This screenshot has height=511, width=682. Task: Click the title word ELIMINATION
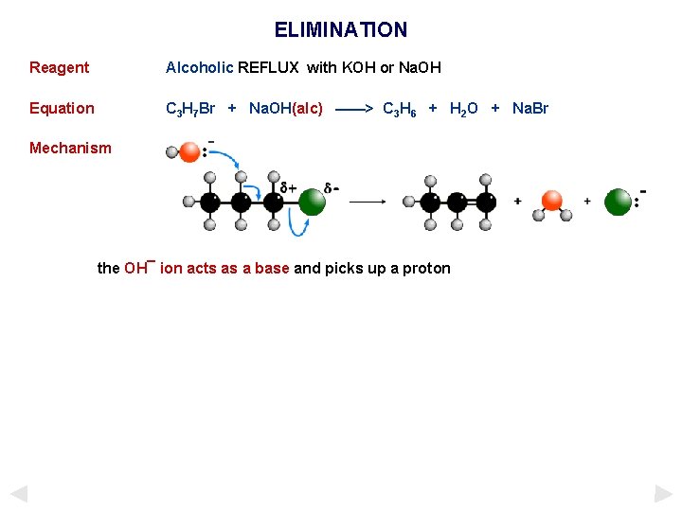pyautogui.click(x=341, y=30)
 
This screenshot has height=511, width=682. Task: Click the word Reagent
pyautogui.click(x=59, y=68)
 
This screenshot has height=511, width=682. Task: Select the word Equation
pyautogui.click(x=62, y=109)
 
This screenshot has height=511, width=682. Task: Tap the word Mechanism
pyautogui.click(x=70, y=149)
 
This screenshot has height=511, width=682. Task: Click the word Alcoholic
pyautogui.click(x=199, y=68)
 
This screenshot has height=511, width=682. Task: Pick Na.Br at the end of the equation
pyautogui.click(x=529, y=109)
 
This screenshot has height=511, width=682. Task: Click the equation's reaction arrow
pyautogui.click(x=352, y=109)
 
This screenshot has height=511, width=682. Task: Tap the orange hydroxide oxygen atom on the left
pyautogui.click(x=190, y=152)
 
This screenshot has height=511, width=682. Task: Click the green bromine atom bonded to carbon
pyautogui.click(x=312, y=202)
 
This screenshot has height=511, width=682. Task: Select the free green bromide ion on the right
pyautogui.click(x=618, y=202)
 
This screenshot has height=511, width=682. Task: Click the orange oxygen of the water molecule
pyautogui.click(x=551, y=201)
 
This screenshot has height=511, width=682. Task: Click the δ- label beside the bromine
pyautogui.click(x=332, y=187)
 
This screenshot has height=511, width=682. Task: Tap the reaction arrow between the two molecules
pyautogui.click(x=368, y=202)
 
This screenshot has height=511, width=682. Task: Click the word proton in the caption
pyautogui.click(x=426, y=269)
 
